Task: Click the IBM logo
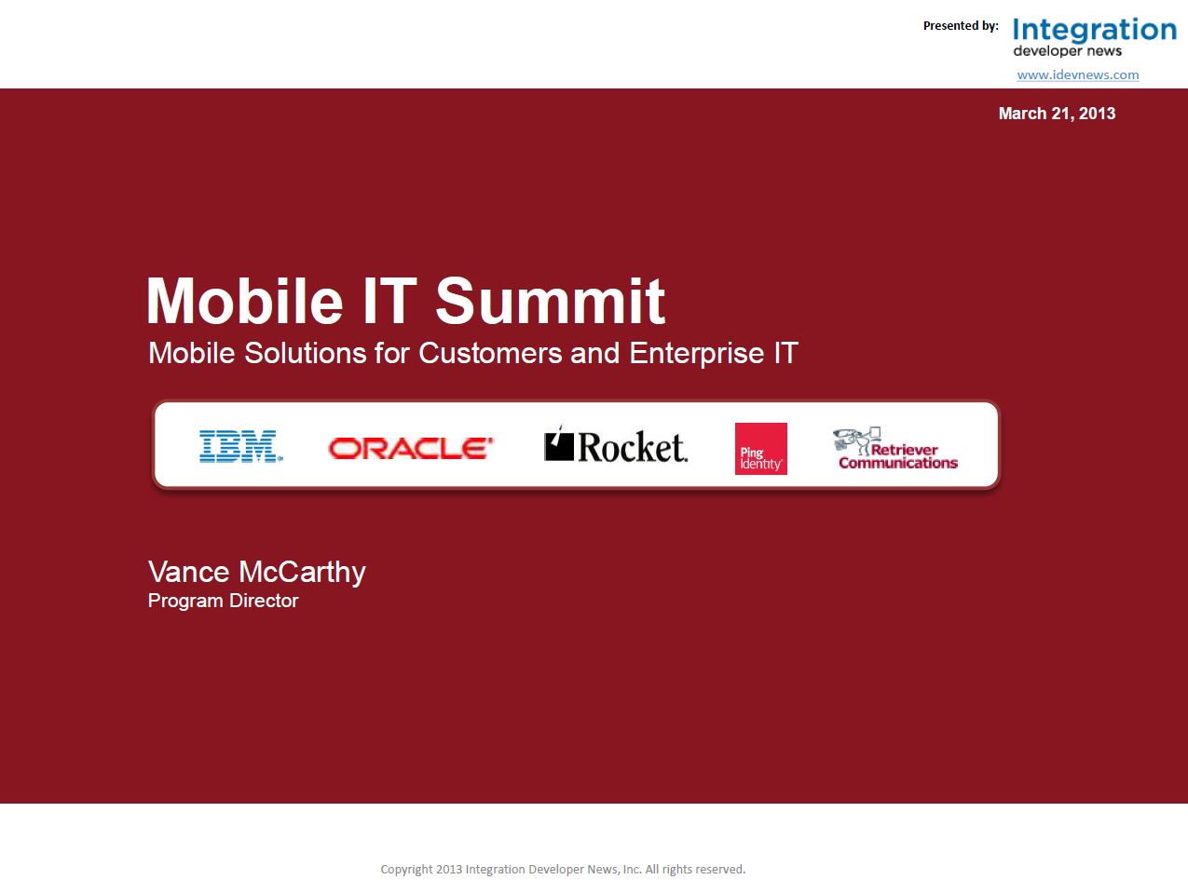240,446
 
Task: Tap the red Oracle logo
411,449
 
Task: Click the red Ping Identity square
761,449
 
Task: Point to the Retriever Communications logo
895,449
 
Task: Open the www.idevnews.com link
1078,74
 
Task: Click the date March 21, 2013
1057,114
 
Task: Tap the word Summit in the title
550,301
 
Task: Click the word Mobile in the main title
245,301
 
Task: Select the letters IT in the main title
389,301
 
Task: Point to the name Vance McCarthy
257,573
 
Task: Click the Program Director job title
223,601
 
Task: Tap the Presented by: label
961,26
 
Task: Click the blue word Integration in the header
1095,31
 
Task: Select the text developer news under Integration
1067,51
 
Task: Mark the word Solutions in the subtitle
305,353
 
